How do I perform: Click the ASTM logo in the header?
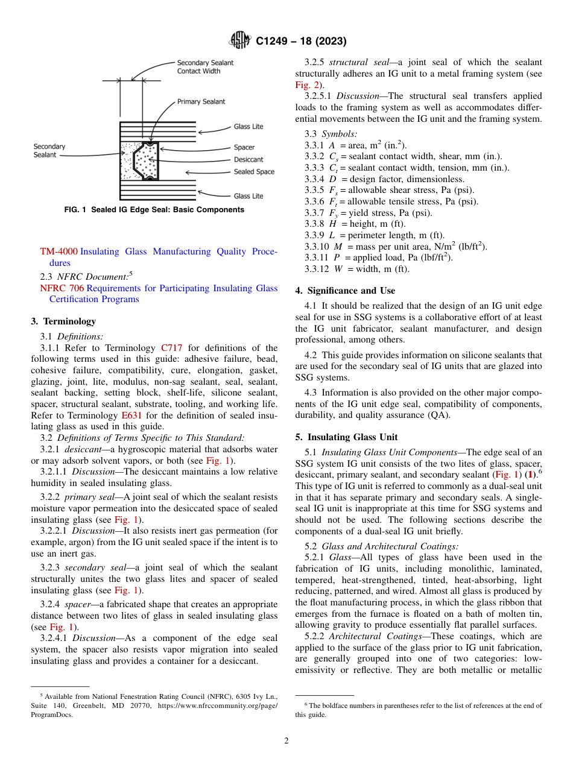[240, 42]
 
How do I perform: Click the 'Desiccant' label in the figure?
[249, 160]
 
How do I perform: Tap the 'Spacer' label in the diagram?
[244, 147]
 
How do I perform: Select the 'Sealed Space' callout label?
[254, 172]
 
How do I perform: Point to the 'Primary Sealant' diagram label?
[201, 102]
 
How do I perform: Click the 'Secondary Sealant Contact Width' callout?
[204, 67]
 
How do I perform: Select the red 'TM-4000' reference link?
[59, 251]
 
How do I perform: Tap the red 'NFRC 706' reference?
[62, 288]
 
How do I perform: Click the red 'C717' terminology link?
[171, 348]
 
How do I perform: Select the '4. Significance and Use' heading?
[345, 291]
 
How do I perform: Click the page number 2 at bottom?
[286, 741]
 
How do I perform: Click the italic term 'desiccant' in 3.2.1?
[83, 449]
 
